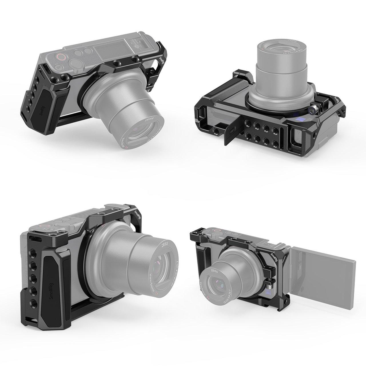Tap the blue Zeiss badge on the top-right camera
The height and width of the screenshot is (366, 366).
click(x=300, y=120)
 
